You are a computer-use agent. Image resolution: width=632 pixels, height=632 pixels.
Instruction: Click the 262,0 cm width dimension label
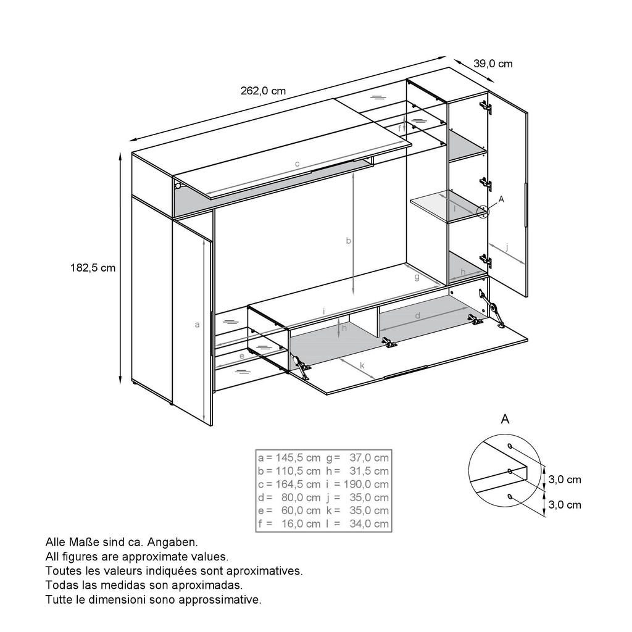(263, 91)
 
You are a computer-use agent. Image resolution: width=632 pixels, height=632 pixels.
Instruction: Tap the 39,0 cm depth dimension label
(493, 64)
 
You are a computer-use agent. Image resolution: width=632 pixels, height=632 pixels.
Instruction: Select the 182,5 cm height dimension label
(93, 268)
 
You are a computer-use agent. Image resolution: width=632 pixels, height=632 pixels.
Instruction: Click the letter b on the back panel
(348, 241)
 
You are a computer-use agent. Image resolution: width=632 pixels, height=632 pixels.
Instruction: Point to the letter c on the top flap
(297, 164)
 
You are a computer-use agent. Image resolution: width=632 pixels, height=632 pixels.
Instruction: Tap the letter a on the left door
(197, 325)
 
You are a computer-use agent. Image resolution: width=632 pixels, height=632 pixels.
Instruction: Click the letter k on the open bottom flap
(362, 365)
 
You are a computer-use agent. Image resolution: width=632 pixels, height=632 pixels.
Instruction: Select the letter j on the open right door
(507, 247)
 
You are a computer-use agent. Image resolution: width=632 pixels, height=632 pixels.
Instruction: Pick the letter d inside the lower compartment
(418, 315)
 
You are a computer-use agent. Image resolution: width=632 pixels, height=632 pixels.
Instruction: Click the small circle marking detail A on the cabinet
(483, 212)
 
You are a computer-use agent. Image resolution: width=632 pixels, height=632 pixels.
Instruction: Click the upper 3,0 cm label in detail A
(565, 480)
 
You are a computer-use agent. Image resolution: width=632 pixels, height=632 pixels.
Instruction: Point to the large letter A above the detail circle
(505, 419)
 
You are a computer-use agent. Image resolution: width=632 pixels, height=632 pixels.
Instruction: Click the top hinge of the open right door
(486, 107)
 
